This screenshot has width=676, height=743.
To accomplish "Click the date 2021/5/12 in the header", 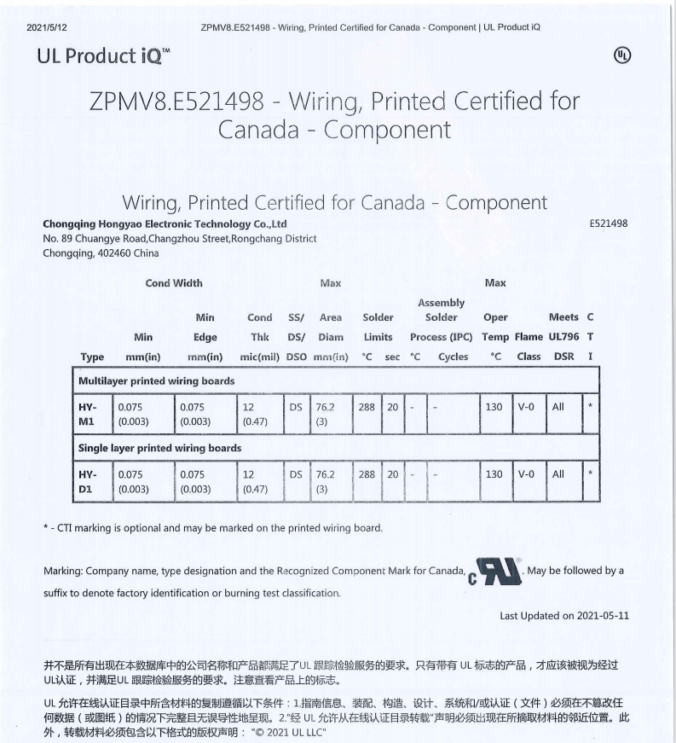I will click(x=47, y=27).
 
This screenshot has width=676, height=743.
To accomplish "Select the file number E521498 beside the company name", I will click(x=609, y=223).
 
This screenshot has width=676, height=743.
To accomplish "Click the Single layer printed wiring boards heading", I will click(x=159, y=448).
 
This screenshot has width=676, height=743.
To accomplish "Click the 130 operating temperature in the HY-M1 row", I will click(x=494, y=408).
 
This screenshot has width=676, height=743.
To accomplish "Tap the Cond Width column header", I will click(x=174, y=283).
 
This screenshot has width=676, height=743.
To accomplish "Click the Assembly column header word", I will click(x=441, y=302).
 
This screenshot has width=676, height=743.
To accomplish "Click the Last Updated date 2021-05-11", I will click(x=603, y=616).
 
